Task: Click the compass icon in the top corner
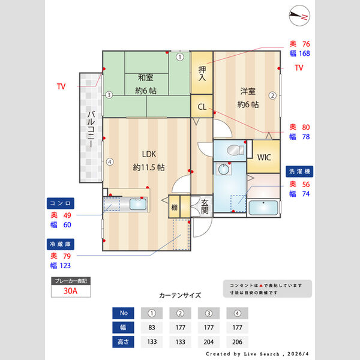coord(298,16)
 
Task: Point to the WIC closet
coord(264,157)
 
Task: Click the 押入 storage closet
coord(202,73)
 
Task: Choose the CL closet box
coord(202,107)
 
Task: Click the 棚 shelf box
coord(174,208)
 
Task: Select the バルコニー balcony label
coord(90,130)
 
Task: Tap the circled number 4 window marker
coord(109,161)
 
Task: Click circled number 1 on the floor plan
coord(179,58)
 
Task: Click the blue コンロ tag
coord(61,203)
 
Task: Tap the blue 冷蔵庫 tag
coord(61,244)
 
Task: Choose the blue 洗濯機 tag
coord(299,171)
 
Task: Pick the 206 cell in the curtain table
coord(237,341)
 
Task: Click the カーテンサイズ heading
coord(180,296)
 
